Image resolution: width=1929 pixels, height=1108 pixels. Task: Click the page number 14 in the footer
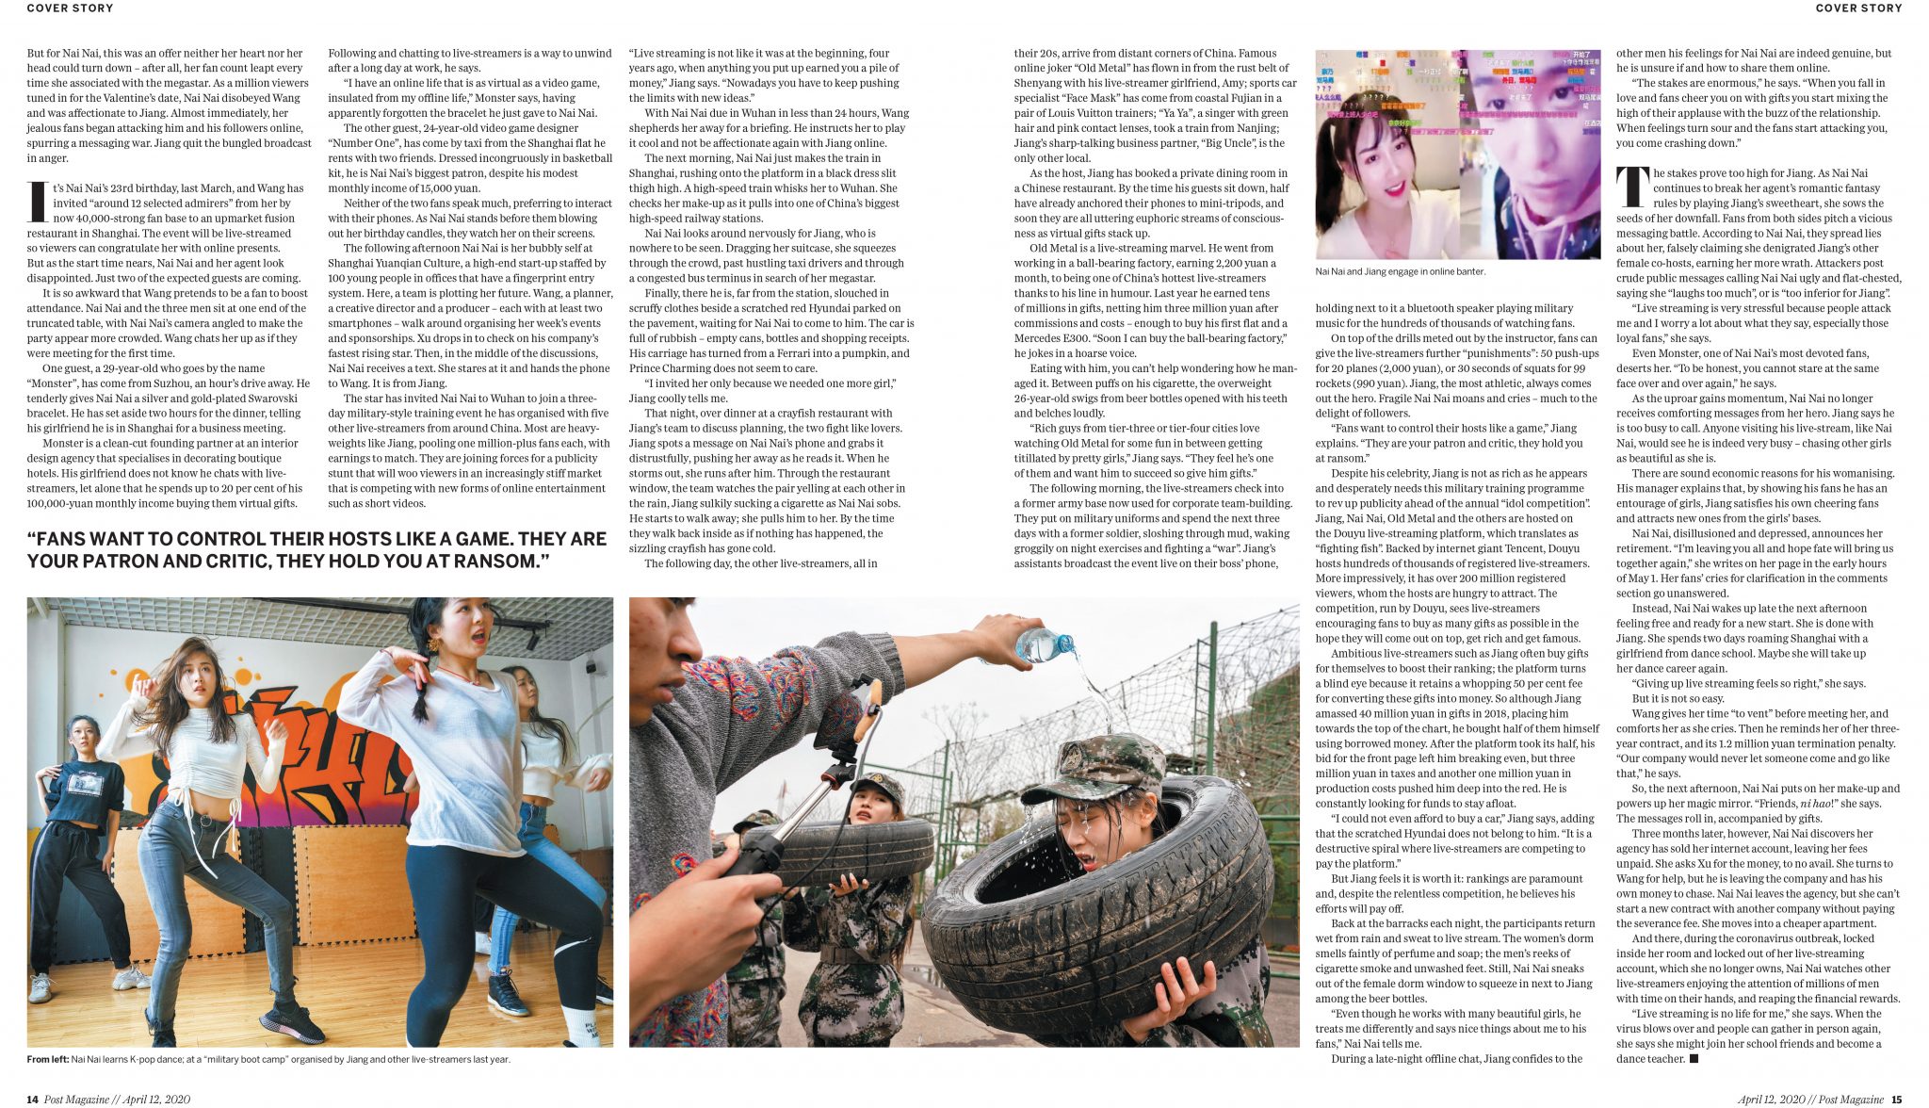click(32, 1100)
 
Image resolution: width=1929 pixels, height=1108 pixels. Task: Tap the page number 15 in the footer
click(1896, 1100)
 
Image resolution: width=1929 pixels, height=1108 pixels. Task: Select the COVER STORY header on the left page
click(70, 8)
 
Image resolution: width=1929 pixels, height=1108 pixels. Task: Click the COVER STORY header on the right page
click(1858, 8)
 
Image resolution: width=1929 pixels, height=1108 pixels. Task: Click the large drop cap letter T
click(1632, 188)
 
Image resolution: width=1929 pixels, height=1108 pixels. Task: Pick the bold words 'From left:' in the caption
click(47, 1060)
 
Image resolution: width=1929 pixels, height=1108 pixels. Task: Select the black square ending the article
click(1694, 1059)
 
